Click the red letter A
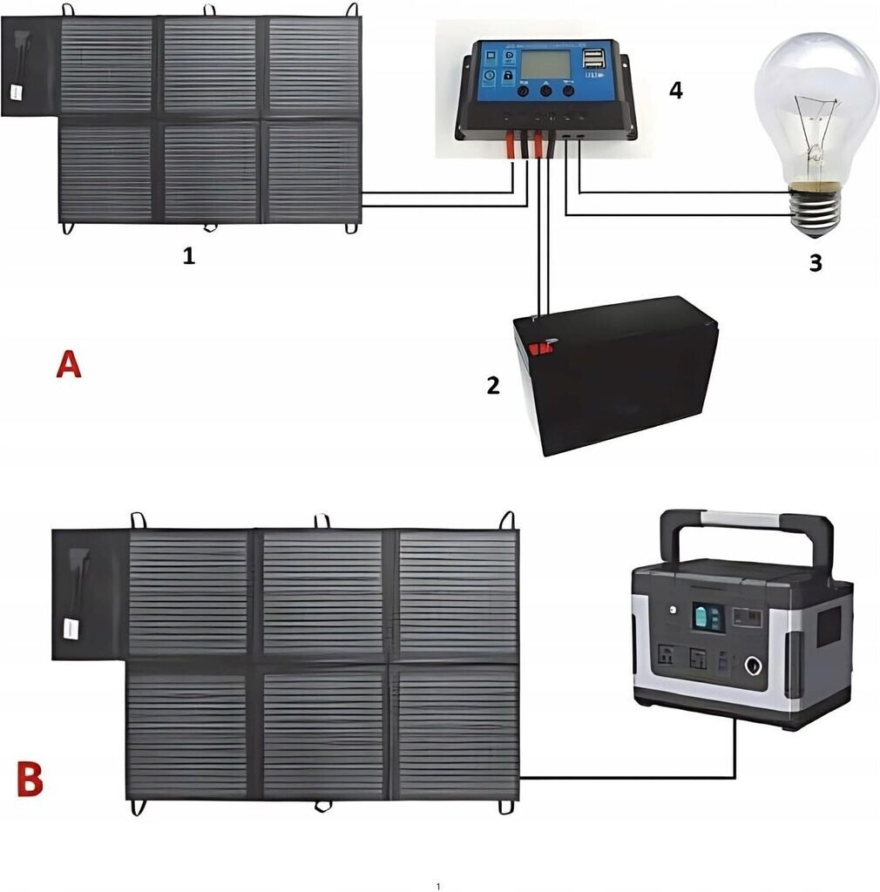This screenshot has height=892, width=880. (x=69, y=363)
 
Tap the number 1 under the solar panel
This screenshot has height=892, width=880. (x=188, y=256)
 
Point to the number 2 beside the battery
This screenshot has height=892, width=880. (x=493, y=385)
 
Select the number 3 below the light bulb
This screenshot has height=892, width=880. (x=815, y=262)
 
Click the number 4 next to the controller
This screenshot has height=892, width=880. (x=675, y=90)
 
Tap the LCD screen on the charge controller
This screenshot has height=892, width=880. (x=545, y=64)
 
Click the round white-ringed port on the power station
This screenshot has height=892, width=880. (x=753, y=669)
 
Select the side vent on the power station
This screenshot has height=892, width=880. (x=828, y=626)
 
